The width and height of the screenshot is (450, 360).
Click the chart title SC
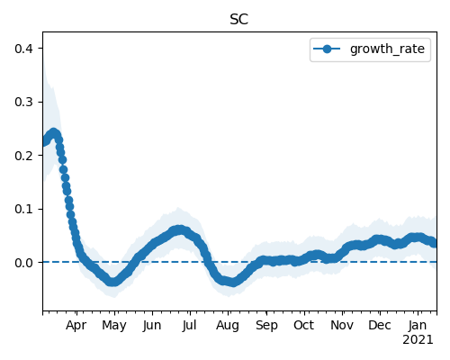click(x=239, y=20)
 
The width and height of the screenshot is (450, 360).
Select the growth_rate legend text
click(x=387, y=49)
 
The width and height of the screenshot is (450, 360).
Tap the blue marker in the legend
click(x=327, y=49)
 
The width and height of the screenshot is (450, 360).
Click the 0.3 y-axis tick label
click(x=23, y=102)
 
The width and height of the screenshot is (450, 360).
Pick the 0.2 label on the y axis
click(x=23, y=156)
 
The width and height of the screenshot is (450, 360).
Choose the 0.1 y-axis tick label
click(x=23, y=209)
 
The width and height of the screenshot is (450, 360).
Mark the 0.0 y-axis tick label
click(x=23, y=263)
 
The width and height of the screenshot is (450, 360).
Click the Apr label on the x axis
click(x=76, y=326)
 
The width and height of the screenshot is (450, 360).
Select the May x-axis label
click(x=114, y=326)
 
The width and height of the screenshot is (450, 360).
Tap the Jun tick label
click(x=152, y=325)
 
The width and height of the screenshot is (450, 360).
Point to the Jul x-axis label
click(x=189, y=325)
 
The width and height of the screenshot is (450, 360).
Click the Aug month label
click(x=228, y=326)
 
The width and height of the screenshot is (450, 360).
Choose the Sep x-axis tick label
click(x=266, y=326)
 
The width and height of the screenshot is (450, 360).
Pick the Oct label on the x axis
click(x=304, y=325)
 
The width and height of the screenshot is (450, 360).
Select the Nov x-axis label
click(x=342, y=325)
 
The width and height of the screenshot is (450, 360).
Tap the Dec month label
click(x=380, y=325)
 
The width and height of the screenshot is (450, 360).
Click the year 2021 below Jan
click(x=418, y=340)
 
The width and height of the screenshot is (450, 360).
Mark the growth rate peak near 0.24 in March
click(x=54, y=132)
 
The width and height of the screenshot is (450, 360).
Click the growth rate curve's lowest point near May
click(x=112, y=282)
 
